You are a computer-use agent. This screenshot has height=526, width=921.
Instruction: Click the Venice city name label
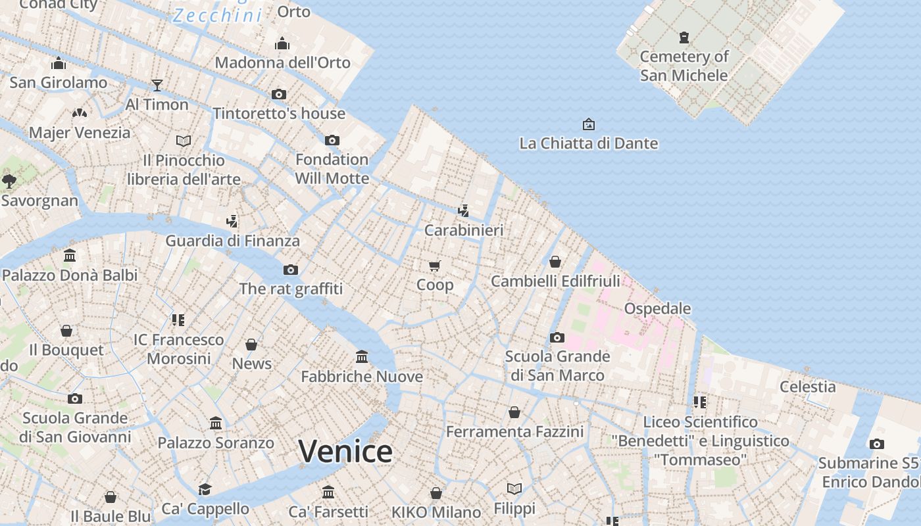(x=345, y=451)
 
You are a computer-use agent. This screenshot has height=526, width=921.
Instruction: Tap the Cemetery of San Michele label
(x=684, y=66)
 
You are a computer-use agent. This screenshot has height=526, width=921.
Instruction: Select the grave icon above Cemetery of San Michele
(x=684, y=37)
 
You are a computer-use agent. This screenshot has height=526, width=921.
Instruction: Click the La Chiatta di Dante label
(x=588, y=143)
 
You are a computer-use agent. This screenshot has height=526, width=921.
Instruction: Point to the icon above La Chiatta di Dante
(x=588, y=124)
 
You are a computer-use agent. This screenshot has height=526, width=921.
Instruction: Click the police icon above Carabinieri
(x=464, y=210)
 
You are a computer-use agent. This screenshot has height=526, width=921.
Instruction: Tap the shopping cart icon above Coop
(x=434, y=266)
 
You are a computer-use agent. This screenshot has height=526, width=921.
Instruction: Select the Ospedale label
(x=657, y=308)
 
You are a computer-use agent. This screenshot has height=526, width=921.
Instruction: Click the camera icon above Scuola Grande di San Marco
(x=557, y=337)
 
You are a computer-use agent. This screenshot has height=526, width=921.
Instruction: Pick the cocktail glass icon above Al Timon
(x=157, y=85)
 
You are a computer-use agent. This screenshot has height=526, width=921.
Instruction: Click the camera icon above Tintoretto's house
(x=279, y=94)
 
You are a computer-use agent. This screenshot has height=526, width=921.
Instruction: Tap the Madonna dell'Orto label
(x=282, y=62)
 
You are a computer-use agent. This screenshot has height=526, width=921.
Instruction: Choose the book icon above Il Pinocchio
(x=184, y=141)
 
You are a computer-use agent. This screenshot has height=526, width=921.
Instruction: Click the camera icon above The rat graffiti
(x=290, y=270)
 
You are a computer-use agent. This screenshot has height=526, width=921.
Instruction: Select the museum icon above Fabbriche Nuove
(x=362, y=357)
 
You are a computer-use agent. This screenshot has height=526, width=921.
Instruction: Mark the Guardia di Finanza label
(x=232, y=241)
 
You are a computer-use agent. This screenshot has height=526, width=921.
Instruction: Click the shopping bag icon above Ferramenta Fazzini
(x=514, y=412)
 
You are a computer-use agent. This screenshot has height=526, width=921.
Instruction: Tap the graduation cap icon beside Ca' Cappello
(x=205, y=489)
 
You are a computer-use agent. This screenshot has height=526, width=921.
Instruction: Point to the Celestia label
(x=807, y=387)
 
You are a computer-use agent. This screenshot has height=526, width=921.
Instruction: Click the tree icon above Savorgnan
(x=9, y=181)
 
